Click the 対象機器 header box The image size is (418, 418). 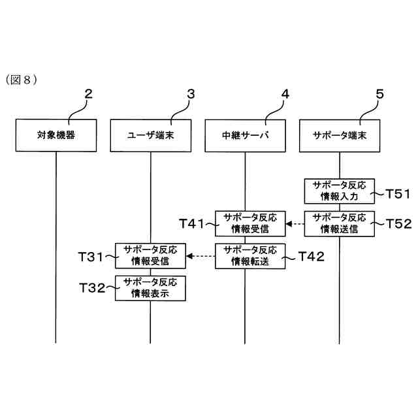[56, 135]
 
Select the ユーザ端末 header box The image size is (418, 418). [150, 135]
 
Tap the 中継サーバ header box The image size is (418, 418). [245, 135]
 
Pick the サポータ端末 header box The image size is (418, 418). [340, 135]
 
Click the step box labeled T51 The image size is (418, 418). [340, 190]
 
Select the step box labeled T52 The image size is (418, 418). [340, 223]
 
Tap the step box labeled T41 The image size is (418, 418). [245, 223]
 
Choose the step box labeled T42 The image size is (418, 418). [245, 255]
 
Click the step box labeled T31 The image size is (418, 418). [150, 255]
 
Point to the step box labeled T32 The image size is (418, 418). [150, 287]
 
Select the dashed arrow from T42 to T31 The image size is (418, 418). [201, 256]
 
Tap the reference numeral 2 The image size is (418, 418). [89, 94]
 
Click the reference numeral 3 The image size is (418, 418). [190, 94]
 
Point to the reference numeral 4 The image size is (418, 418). [285, 94]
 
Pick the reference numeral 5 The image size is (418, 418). [379, 94]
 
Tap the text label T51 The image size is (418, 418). [398, 193]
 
